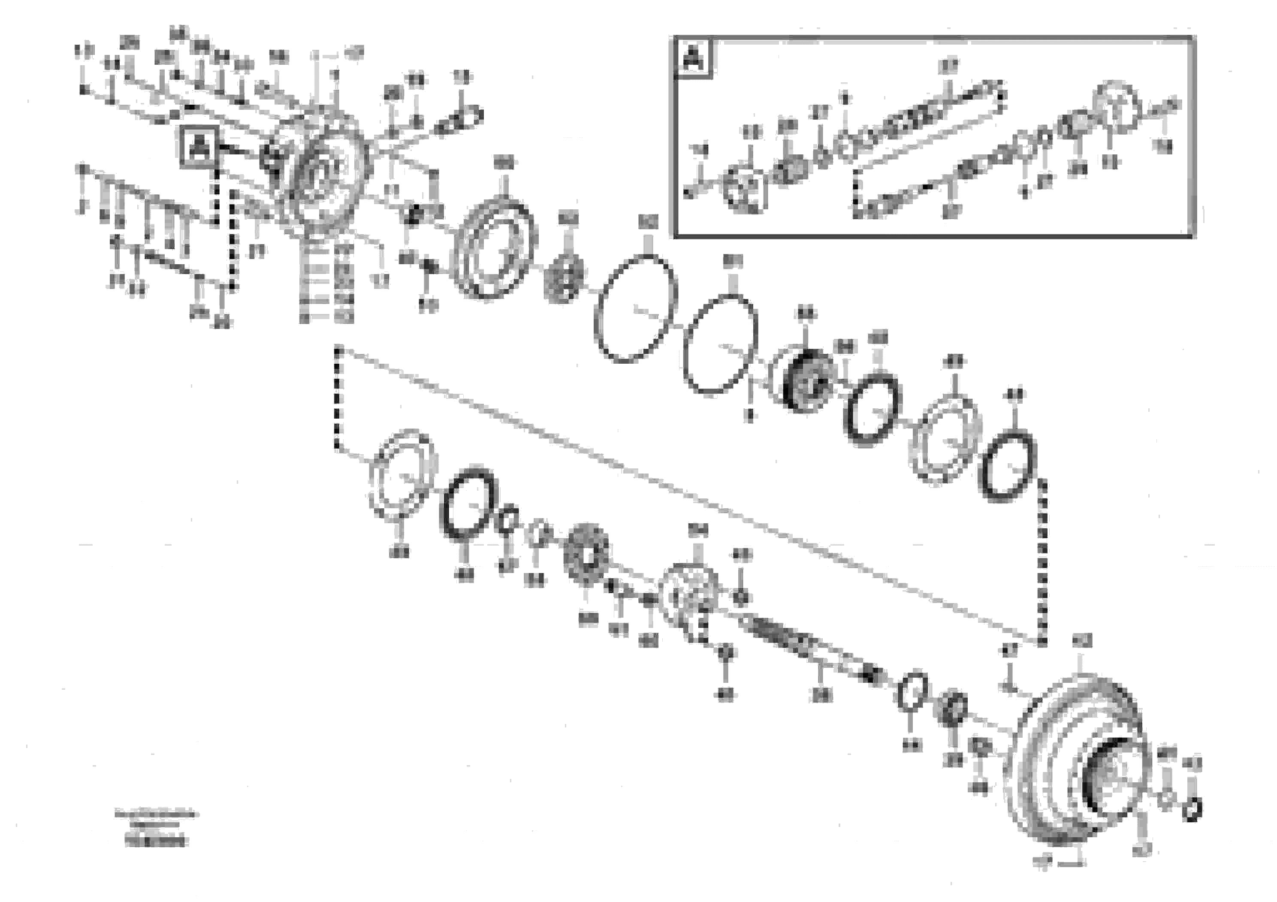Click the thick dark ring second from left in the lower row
tap(468, 503)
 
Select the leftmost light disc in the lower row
tap(402, 474)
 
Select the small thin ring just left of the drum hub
tap(912, 691)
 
